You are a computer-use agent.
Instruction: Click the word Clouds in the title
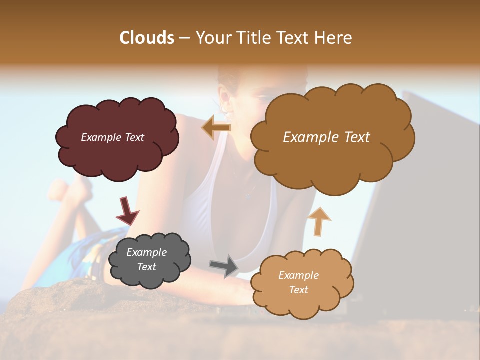[147, 38]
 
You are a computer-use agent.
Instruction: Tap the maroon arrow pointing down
[127, 211]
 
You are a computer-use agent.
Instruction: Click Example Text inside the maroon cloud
[112, 137]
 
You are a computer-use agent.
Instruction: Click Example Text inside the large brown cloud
[326, 137]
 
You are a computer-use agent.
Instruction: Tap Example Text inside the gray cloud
[147, 260]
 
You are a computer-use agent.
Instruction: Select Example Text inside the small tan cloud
[298, 282]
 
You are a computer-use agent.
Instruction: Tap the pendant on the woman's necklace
[248, 196]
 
